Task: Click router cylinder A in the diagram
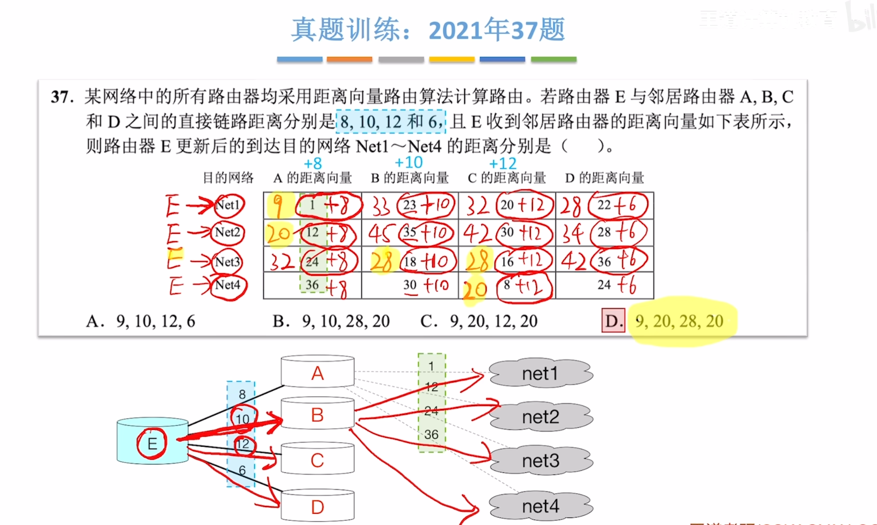coord(318,373)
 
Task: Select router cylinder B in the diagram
coord(318,415)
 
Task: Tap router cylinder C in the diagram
coord(318,460)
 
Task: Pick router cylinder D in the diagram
coord(318,507)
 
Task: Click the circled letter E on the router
coord(152,443)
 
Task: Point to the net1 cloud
coord(540,374)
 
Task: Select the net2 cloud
coord(540,417)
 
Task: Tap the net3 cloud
coord(540,461)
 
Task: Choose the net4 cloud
coord(540,506)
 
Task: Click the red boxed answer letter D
coord(613,321)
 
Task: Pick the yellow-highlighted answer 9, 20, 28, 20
coord(679,321)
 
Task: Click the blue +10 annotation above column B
coord(409,163)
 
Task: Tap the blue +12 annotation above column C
coord(503,164)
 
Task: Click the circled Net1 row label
coord(228,205)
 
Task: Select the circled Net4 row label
coord(228,285)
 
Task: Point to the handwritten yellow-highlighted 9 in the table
coord(278,206)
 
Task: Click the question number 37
coord(62,97)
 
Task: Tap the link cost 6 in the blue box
coord(242,470)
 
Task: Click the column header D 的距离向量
coord(605,178)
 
